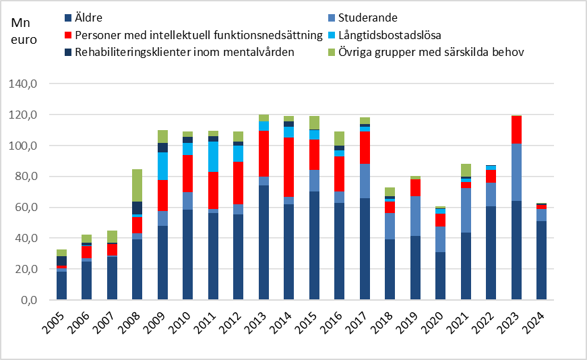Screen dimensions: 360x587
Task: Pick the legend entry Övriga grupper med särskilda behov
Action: (x=431, y=52)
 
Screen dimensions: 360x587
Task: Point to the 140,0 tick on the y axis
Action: (x=31, y=84)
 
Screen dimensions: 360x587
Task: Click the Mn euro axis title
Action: (x=24, y=30)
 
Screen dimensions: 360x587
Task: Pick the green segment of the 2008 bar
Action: (x=137, y=185)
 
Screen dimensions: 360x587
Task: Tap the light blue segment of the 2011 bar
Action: (x=213, y=156)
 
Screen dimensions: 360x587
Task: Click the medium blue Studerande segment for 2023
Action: (x=516, y=173)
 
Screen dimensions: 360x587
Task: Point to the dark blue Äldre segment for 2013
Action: (x=264, y=243)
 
